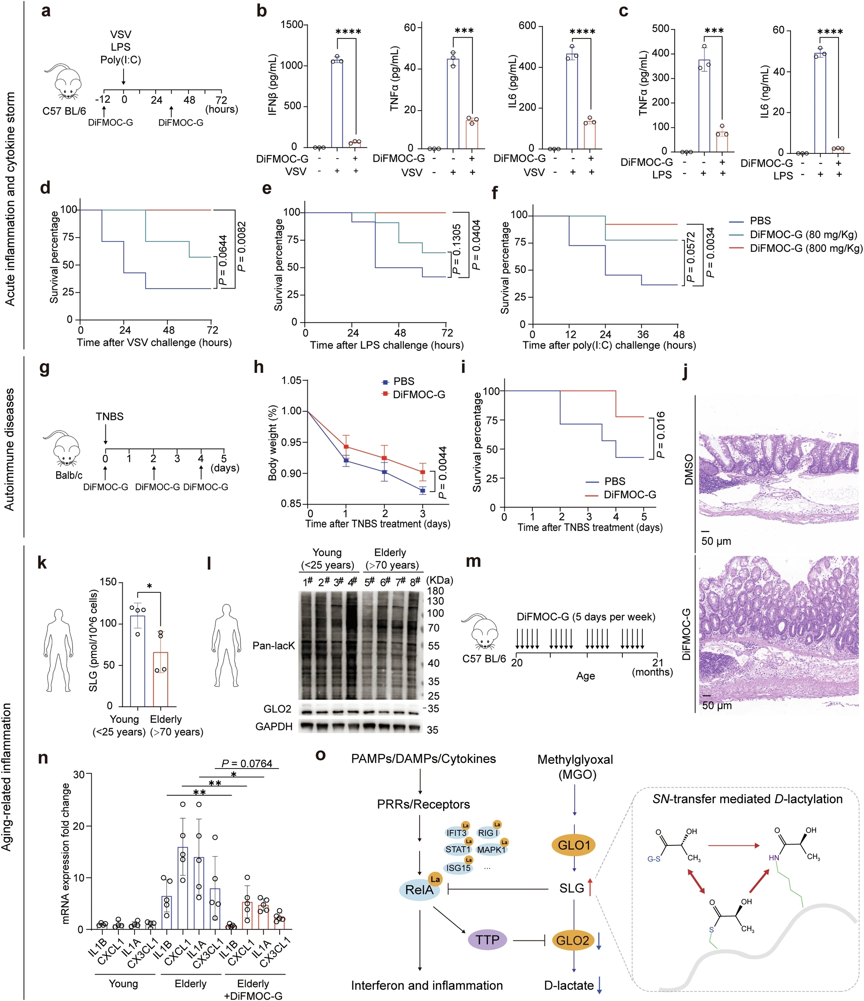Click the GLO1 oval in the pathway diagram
[574, 845]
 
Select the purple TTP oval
[487, 940]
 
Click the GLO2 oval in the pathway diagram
[573, 940]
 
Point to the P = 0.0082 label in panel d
[242, 246]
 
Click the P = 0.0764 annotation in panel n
[246, 763]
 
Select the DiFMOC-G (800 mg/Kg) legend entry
[806, 248]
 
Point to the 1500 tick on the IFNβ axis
[292, 24]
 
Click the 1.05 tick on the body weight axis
[291, 381]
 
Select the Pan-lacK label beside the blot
[274, 645]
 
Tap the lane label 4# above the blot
[352, 582]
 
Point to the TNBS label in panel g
[110, 416]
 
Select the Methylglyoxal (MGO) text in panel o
[575, 767]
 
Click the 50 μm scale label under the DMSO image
[716, 540]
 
